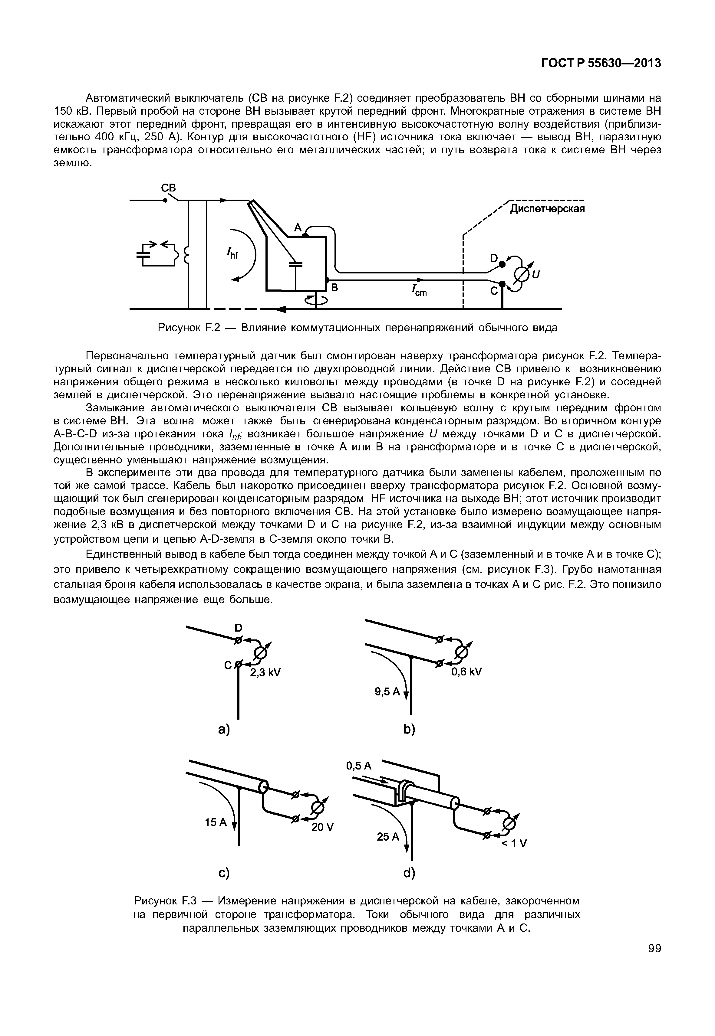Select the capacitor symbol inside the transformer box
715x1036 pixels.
point(296,265)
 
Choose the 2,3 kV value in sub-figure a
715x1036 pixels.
point(265,673)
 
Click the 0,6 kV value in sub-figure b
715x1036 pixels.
point(466,672)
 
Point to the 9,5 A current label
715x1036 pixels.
point(387,692)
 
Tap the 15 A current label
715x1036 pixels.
point(216,822)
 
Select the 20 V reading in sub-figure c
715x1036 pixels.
point(323,827)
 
